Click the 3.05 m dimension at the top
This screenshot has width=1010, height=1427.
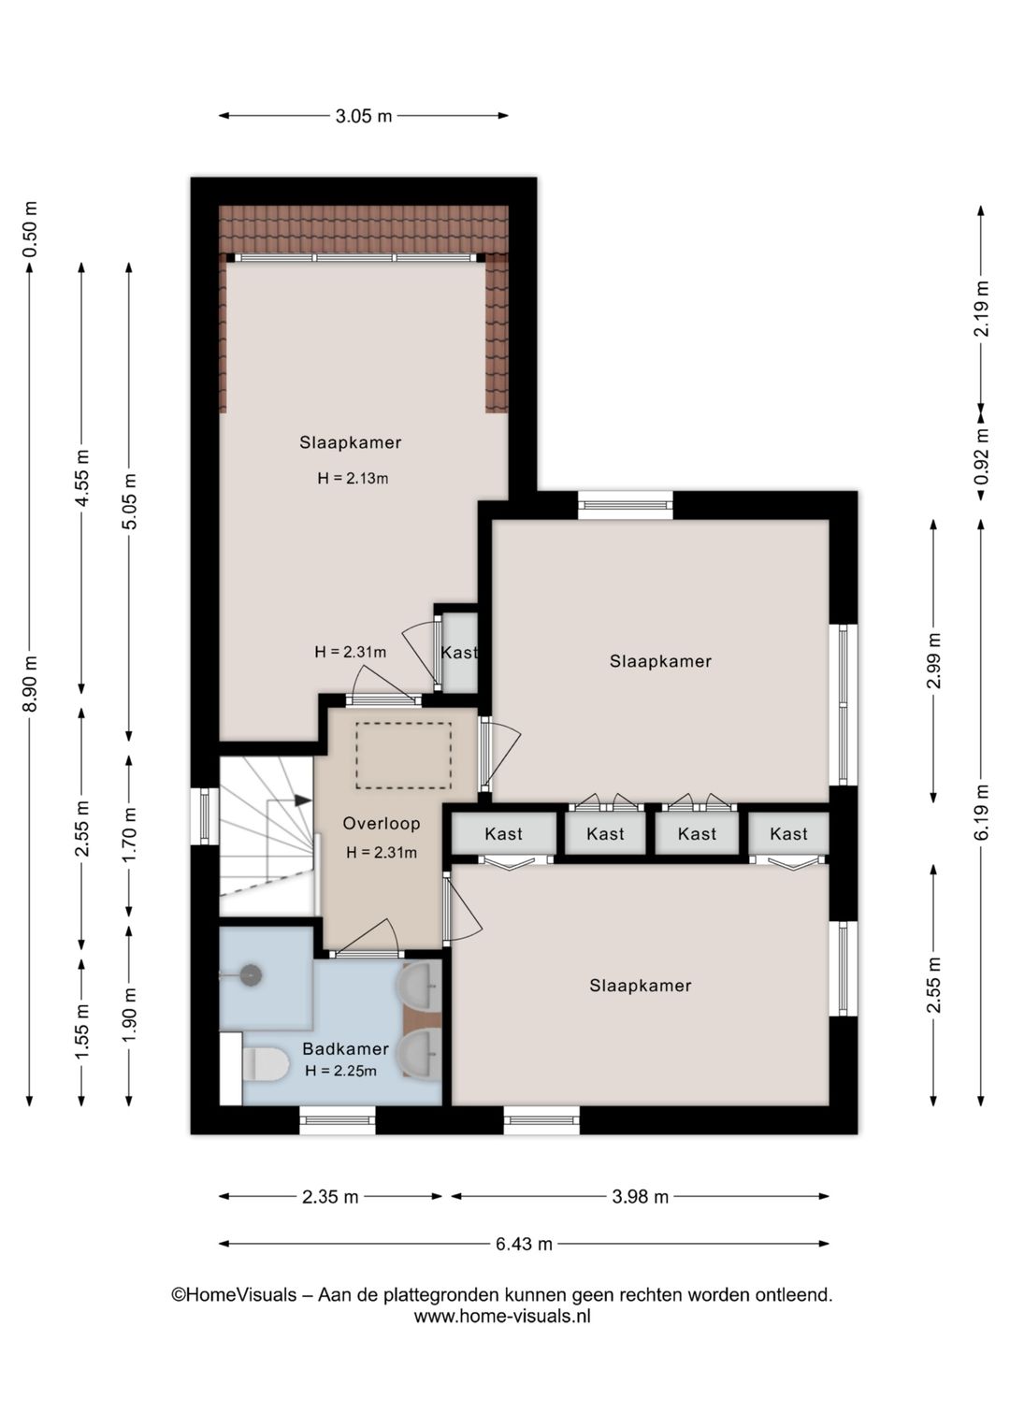tap(363, 116)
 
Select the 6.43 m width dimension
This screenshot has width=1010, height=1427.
tap(524, 1244)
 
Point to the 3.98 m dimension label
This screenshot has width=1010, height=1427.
tap(640, 1196)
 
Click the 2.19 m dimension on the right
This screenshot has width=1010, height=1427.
tap(982, 309)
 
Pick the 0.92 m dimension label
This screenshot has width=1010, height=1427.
tap(982, 456)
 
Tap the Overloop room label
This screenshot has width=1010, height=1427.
tap(382, 824)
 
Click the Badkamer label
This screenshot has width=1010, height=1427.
tap(345, 1048)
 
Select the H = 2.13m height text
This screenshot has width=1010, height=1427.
tap(353, 478)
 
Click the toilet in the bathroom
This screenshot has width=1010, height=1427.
tap(265, 1064)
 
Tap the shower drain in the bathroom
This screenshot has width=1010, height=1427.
tap(251, 974)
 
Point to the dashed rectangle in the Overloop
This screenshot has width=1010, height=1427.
tap(403, 756)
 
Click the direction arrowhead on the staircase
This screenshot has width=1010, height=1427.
tap(302, 800)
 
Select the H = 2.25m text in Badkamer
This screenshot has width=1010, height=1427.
tap(341, 1071)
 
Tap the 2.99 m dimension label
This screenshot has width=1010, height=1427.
tap(934, 660)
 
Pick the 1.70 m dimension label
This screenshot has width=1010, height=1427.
tap(130, 834)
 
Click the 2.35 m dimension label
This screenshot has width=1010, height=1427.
tap(330, 1196)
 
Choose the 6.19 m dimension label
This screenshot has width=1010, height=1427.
tap(982, 812)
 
